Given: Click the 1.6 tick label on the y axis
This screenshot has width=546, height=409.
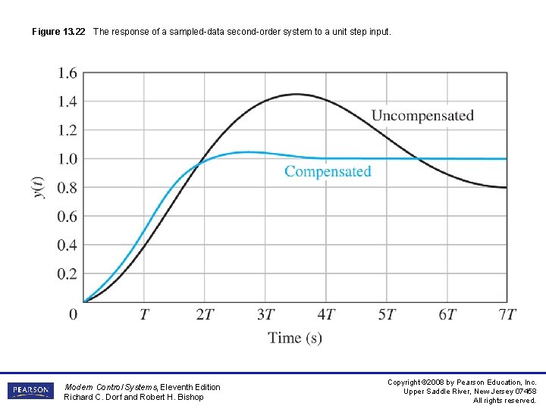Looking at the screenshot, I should pos(67,73).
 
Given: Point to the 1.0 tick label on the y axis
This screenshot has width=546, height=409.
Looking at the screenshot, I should pos(67,159).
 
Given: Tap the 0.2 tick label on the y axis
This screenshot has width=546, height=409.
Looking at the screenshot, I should pos(67,274).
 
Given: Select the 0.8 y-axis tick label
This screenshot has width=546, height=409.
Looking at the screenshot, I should pos(67,188).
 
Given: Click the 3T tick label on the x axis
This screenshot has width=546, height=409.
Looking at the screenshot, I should pos(265,314).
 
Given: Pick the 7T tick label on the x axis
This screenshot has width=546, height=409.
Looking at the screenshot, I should pos(507,314).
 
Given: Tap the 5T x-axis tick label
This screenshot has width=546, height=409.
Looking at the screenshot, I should pos(387,314).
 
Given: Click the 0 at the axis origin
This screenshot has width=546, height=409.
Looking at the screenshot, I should pos(74,314).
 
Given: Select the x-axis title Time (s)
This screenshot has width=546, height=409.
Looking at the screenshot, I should pos(295,338).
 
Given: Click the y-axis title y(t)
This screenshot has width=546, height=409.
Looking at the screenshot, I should pos(39,187).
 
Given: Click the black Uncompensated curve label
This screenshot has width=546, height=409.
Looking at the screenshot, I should pos(422,116).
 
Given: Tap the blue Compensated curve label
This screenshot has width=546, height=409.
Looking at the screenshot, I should pos(328,171).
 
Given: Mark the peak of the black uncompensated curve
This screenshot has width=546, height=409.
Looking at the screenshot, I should pos(295,95).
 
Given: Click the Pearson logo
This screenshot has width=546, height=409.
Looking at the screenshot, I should pos(30,391).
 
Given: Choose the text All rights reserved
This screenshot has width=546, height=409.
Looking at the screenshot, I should pos(504,400).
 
